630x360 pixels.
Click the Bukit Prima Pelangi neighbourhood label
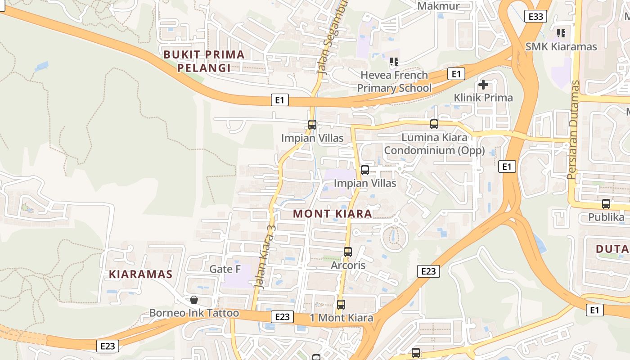204,61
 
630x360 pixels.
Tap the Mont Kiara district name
333,214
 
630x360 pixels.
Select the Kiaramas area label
140,274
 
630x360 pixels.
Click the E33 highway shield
535,17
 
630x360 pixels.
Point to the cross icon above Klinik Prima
483,85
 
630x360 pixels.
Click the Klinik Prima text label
483,98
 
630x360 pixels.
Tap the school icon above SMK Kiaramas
561,33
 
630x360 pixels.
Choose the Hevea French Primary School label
394,81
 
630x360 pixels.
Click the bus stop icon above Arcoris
348,252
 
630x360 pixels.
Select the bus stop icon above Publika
606,204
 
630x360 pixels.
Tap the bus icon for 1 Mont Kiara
341,305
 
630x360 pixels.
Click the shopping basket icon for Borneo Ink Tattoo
194,300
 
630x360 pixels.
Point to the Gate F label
225,269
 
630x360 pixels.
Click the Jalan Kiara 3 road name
265,256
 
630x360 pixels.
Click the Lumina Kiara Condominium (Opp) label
434,144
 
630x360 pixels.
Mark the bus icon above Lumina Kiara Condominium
434,124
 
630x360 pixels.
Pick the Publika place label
606,217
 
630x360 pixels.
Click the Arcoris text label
348,265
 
